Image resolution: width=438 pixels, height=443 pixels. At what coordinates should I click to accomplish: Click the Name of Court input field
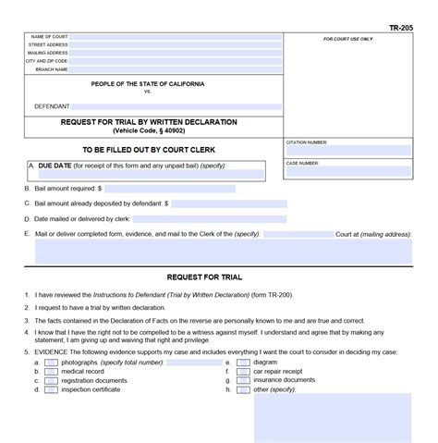(176, 39)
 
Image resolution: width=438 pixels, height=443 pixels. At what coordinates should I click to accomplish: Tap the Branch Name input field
(176, 69)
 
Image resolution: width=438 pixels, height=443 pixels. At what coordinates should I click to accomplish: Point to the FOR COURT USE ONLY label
(348, 39)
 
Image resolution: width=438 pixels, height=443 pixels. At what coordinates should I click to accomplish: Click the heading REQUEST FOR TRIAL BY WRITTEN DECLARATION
(149, 122)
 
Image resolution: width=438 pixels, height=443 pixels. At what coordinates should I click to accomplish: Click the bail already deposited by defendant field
(228, 203)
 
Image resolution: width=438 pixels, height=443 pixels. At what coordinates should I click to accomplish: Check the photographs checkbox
(51, 363)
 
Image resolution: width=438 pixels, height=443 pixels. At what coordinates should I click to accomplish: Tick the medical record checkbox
(51, 372)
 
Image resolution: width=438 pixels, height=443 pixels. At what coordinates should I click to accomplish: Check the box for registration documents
(51, 380)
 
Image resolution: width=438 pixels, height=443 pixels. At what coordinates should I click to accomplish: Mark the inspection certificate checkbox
(51, 389)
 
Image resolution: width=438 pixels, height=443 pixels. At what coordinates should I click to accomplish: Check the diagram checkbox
(242, 363)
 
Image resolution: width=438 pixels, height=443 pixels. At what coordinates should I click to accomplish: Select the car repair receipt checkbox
(242, 372)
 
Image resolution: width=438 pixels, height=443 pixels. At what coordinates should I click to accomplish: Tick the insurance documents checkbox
(242, 380)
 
